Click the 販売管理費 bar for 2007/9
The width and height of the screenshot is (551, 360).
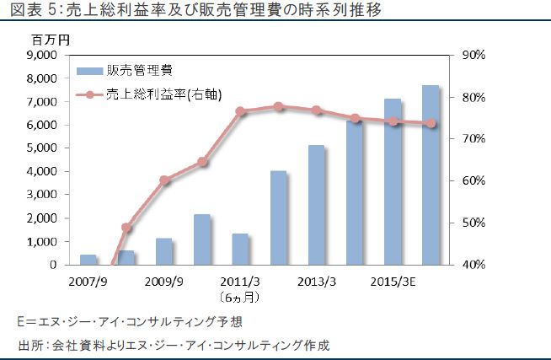tap(88, 260)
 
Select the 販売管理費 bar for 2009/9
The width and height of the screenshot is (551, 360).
tap(164, 251)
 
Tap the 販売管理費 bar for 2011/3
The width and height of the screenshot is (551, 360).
tap(240, 249)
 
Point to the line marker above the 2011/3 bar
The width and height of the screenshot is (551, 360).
tap(240, 111)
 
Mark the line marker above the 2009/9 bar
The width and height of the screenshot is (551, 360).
tap(164, 180)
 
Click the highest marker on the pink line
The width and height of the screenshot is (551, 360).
tap(278, 106)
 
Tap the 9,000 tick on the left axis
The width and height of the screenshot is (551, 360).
tap(41, 55)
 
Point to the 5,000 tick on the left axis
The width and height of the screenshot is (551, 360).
tap(41, 148)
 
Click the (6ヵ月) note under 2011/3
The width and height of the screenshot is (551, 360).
tap(240, 297)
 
